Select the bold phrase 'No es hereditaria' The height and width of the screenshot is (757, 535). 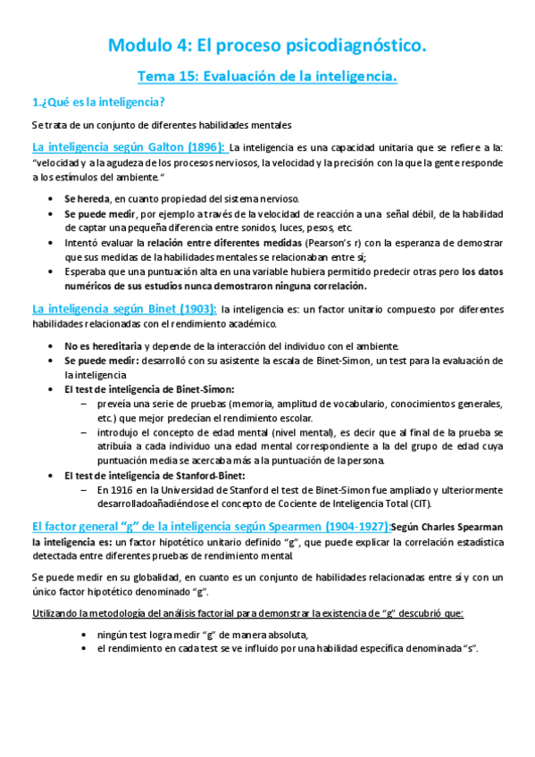[103, 345]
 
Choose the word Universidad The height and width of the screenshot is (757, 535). [194, 490]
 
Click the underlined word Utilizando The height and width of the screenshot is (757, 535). [59, 613]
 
